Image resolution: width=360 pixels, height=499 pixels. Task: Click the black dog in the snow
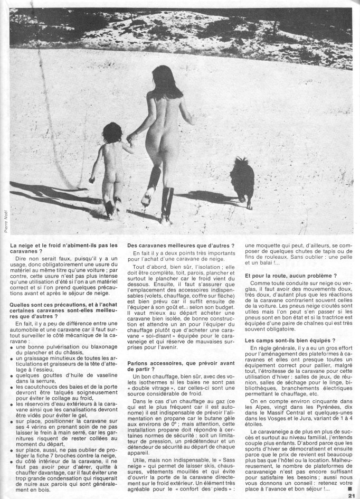(242, 180)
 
